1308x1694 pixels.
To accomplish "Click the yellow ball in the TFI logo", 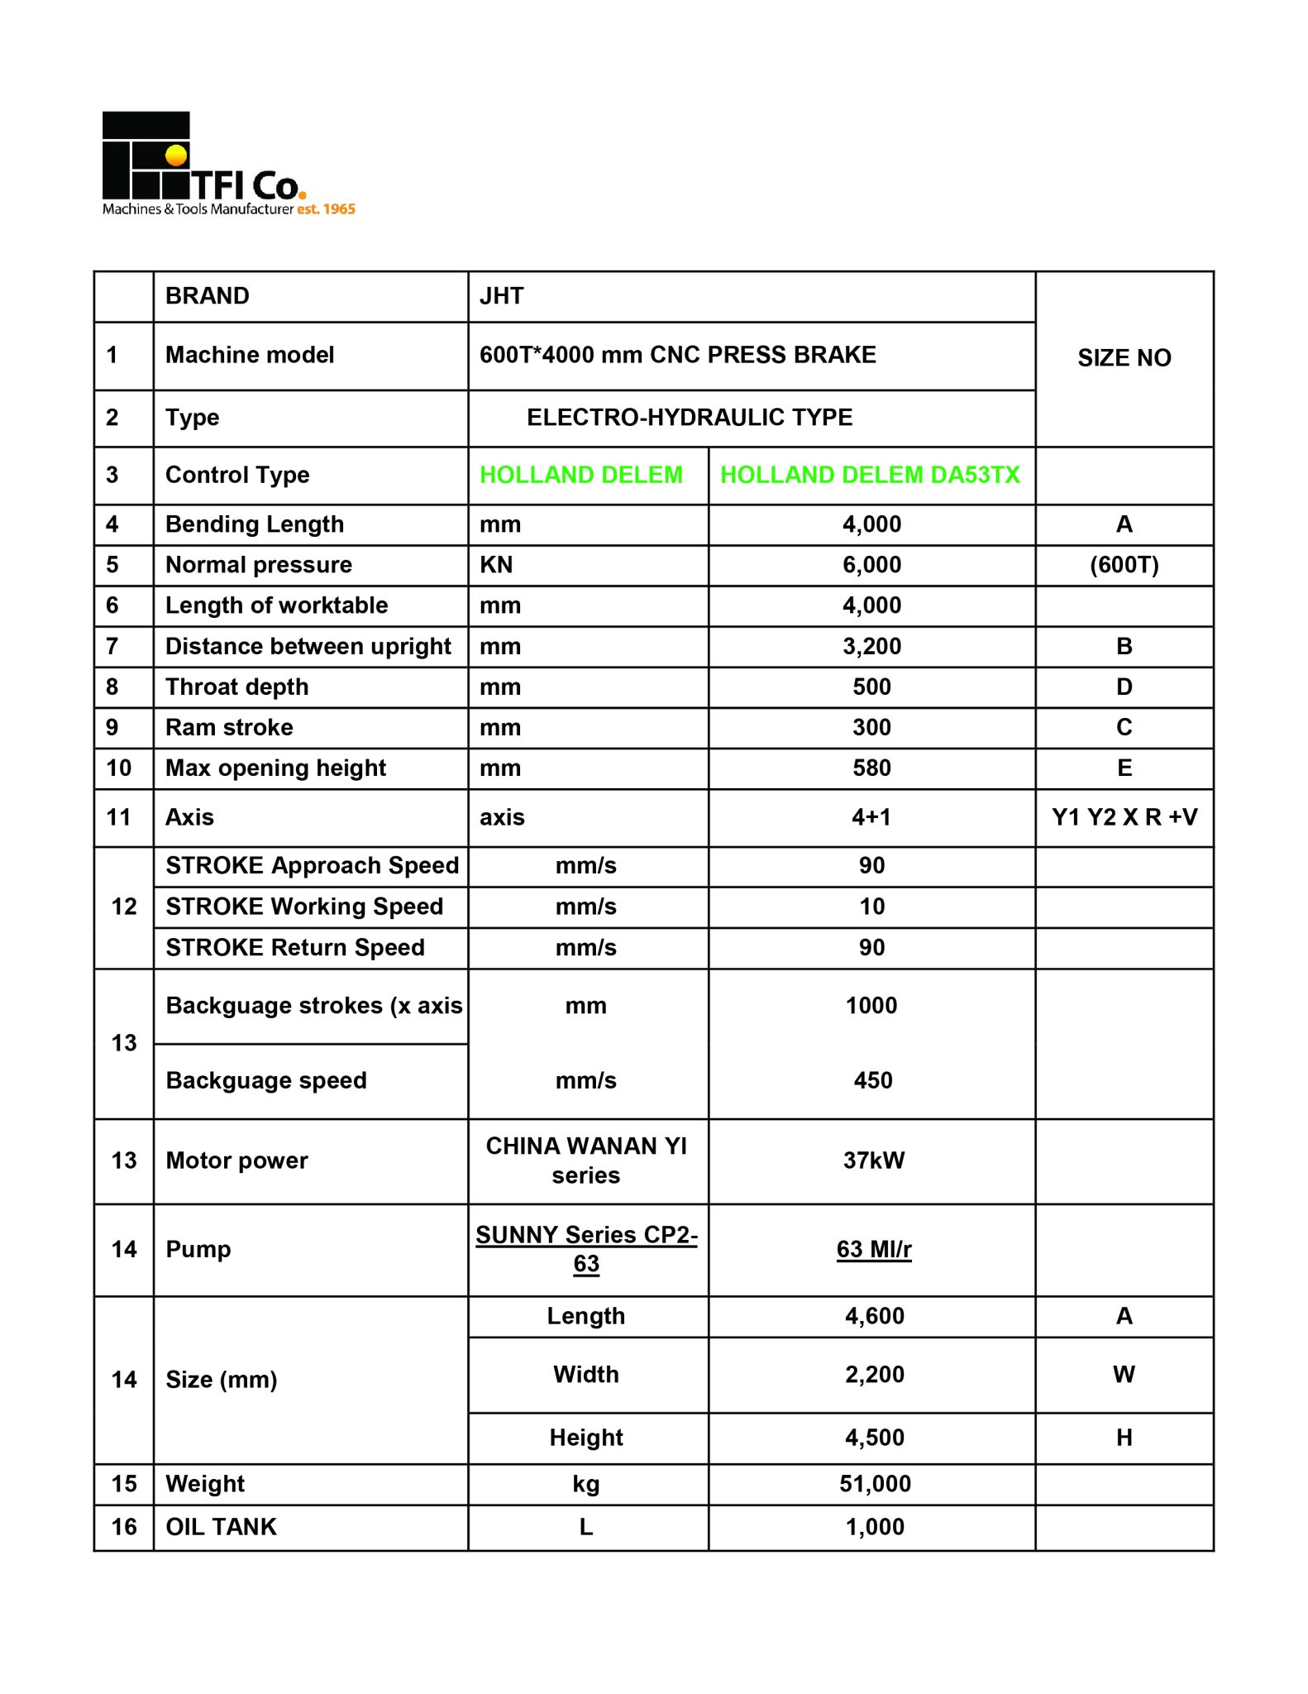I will coord(176,156).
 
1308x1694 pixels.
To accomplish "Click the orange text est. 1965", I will coord(326,209).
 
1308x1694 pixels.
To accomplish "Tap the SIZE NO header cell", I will coord(1124,358).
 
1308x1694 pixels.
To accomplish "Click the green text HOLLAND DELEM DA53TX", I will coord(870,475).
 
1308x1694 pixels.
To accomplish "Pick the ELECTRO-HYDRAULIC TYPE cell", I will coord(690,418).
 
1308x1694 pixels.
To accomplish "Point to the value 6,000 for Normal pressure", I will coord(871,565).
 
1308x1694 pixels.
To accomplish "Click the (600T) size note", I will coord(1124,565).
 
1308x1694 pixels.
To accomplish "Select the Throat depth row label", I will coord(237,687).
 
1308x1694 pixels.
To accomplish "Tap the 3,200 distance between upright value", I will coord(871,646).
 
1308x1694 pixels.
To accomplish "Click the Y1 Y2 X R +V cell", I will coord(1124,817).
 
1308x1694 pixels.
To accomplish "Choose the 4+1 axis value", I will coord(871,817).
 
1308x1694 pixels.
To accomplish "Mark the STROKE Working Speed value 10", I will coord(871,907).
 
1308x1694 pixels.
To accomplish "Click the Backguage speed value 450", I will coord(872,1080).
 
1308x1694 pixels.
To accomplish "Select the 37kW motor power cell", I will coord(873,1160).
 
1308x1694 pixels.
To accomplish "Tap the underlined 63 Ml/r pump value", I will coord(873,1249).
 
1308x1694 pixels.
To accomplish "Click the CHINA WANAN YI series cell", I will coord(586,1160).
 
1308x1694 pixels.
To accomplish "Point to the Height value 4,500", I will coord(874,1438).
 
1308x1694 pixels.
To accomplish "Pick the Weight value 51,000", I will coord(875,1484).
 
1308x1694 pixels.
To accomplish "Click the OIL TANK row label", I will coord(222,1527).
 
